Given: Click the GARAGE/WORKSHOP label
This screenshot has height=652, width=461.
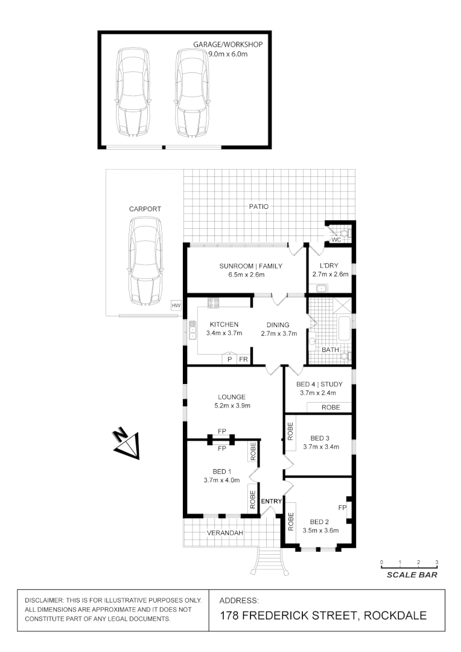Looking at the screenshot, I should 228,45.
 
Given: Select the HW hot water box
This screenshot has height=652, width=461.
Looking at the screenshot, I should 176,306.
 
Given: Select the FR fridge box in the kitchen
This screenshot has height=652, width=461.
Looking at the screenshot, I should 243,359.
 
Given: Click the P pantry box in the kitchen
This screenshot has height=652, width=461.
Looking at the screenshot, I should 229,359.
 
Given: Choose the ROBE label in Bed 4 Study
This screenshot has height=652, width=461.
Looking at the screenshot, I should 331,407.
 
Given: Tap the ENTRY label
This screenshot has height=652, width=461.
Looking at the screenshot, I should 271,501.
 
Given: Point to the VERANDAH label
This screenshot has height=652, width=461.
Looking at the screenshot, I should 224,533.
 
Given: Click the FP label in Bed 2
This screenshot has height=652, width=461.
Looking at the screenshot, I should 342,508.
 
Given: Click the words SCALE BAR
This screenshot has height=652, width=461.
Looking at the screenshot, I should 412,575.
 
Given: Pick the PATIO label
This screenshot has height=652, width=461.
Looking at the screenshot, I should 258,206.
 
